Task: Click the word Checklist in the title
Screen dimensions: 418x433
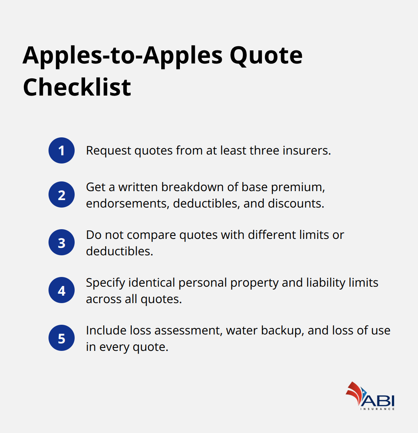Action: pyautogui.click(x=77, y=87)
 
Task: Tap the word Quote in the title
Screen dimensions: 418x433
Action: pyautogui.click(x=266, y=57)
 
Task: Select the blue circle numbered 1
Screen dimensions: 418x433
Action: pyautogui.click(x=62, y=150)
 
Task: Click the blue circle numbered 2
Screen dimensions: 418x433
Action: pyautogui.click(x=62, y=195)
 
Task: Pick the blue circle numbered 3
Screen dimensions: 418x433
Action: pyautogui.click(x=62, y=243)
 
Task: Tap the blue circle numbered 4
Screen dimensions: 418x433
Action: pyautogui.click(x=62, y=290)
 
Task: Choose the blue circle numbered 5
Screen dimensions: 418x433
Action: pyautogui.click(x=62, y=338)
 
